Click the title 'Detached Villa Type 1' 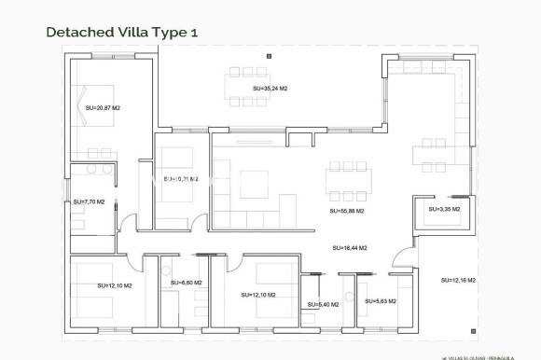pos(121,32)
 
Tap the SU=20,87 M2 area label pos(104,108)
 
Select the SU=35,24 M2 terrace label pos(270,89)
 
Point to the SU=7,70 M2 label pos(90,201)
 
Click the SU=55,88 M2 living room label pos(346,211)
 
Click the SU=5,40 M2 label pos(322,304)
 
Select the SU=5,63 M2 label pos(381,301)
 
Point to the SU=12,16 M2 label pos(458,280)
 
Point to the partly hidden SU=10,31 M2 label pos(181,179)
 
